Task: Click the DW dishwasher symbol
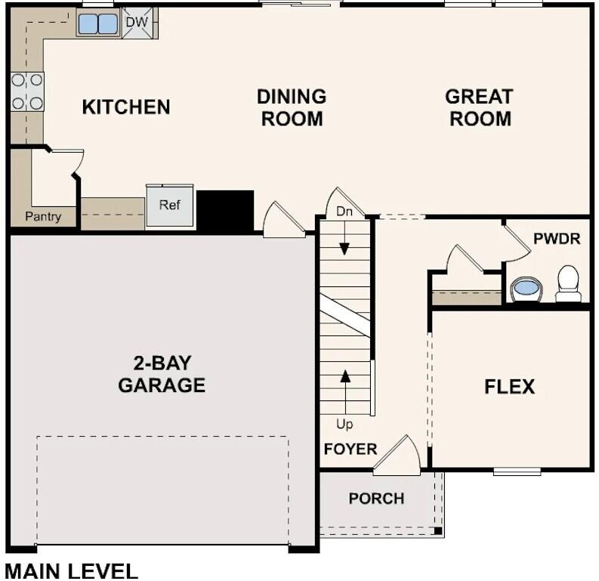[x=137, y=23]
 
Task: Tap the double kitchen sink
[x=98, y=24]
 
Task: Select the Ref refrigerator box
[x=170, y=206]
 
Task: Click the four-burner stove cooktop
[x=26, y=91]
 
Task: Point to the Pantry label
[x=42, y=217]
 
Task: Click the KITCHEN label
[x=126, y=107]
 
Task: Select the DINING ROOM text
[x=292, y=107]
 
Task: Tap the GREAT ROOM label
[x=479, y=107]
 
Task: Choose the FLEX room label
[x=509, y=387]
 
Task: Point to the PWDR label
[x=557, y=239]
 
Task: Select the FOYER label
[x=350, y=449]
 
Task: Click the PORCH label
[x=376, y=499]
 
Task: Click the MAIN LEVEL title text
[x=72, y=570]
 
